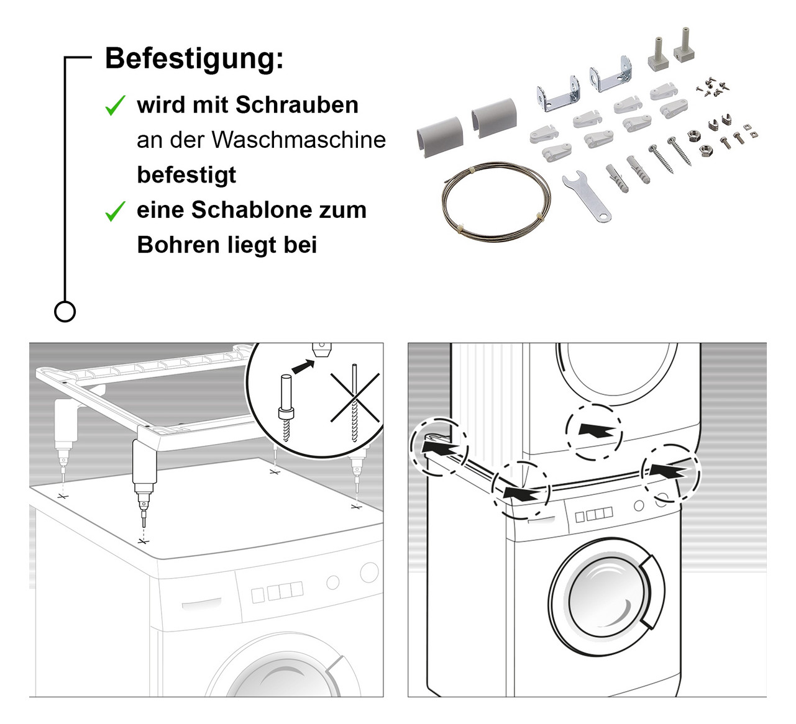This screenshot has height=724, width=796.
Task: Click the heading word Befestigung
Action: [x=193, y=59]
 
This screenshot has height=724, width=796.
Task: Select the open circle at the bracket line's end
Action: [x=65, y=311]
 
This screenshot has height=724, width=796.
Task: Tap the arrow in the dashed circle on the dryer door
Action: [x=595, y=432]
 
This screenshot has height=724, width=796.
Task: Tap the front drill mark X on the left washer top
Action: [x=144, y=541]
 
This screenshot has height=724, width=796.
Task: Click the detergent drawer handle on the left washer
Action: [x=201, y=604]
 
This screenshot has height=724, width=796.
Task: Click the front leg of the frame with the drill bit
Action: [x=144, y=472]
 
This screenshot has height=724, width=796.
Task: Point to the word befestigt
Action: [x=186, y=175]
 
